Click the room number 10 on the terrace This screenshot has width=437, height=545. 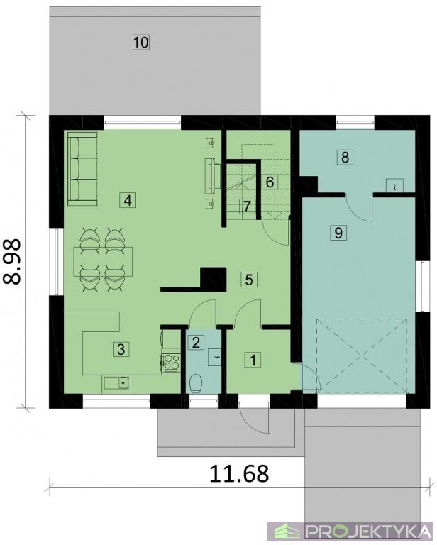pos(141,43)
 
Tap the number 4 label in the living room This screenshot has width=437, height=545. pos(128,200)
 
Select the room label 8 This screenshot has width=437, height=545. pos(345,157)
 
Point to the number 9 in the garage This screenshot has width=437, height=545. pos(338,232)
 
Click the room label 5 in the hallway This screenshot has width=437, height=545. pos(249,279)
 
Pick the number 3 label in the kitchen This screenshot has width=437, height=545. pos(121,349)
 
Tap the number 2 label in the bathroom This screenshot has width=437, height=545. pos(196,342)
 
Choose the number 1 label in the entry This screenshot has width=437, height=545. pos(253,360)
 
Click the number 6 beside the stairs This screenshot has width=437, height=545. pos(270,182)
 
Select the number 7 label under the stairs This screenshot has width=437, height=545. pos(247,207)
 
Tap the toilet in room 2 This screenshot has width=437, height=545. pos(197,383)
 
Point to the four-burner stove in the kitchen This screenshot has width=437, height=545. pos(170,361)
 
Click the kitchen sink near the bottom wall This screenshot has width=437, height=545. pos(116,382)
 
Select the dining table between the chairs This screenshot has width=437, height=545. pos(103,261)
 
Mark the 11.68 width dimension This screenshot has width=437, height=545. pos(239,473)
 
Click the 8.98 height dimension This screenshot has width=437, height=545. pos(13,262)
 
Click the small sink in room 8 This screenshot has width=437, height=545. pos(394,185)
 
